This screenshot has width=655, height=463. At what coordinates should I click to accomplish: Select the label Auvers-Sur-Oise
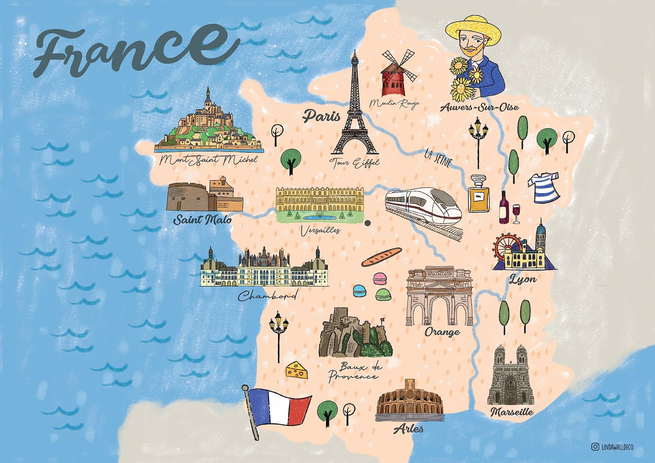[479, 108]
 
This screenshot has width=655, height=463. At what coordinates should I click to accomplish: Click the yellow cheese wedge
[297, 370]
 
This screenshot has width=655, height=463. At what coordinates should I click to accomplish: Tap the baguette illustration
[381, 257]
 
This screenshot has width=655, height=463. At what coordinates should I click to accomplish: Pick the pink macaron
[380, 278]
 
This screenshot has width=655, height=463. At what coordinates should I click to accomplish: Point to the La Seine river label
[438, 158]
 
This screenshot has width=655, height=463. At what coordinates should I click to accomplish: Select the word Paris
[322, 116]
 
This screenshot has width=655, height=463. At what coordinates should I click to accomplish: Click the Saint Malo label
[202, 220]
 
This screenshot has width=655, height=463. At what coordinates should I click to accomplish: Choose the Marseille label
[512, 412]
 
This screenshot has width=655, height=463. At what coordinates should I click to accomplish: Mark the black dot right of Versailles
[368, 223]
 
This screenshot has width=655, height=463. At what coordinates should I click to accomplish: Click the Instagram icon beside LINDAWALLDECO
[595, 447]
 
